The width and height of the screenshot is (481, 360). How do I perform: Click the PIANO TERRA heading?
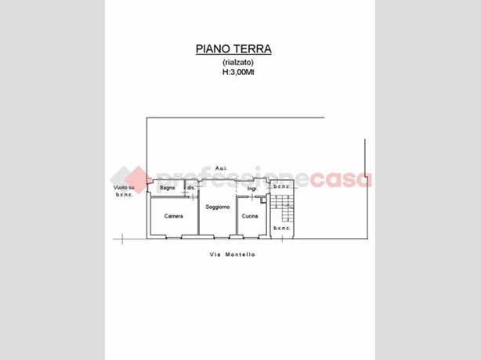tap(233, 49)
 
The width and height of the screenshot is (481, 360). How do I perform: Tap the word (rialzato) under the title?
tap(238, 62)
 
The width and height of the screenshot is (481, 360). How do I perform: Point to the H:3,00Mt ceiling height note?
tap(238, 72)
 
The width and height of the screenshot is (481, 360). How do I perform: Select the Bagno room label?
tap(168, 188)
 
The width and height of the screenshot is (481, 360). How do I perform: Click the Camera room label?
tap(174, 216)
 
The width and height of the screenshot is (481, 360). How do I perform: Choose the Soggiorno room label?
tap(218, 207)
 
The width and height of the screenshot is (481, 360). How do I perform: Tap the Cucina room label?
tap(250, 216)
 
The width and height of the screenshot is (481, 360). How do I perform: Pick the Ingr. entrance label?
tap(252, 189)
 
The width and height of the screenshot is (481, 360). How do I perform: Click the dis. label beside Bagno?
tap(191, 188)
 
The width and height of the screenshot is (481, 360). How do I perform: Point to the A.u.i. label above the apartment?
tap(221, 168)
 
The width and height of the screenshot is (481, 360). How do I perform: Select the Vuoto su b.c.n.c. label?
tap(124, 191)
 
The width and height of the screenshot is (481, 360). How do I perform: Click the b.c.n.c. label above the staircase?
tap(281, 186)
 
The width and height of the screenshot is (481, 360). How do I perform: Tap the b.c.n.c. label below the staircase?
tap(281, 229)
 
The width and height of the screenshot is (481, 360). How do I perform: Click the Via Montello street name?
tap(233, 254)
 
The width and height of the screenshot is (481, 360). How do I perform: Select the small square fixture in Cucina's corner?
tap(263, 200)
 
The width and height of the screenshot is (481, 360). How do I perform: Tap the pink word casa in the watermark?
tap(341, 180)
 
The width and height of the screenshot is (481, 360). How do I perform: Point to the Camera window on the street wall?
tap(174, 237)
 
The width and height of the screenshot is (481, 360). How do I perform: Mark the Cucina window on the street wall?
tap(251, 237)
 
